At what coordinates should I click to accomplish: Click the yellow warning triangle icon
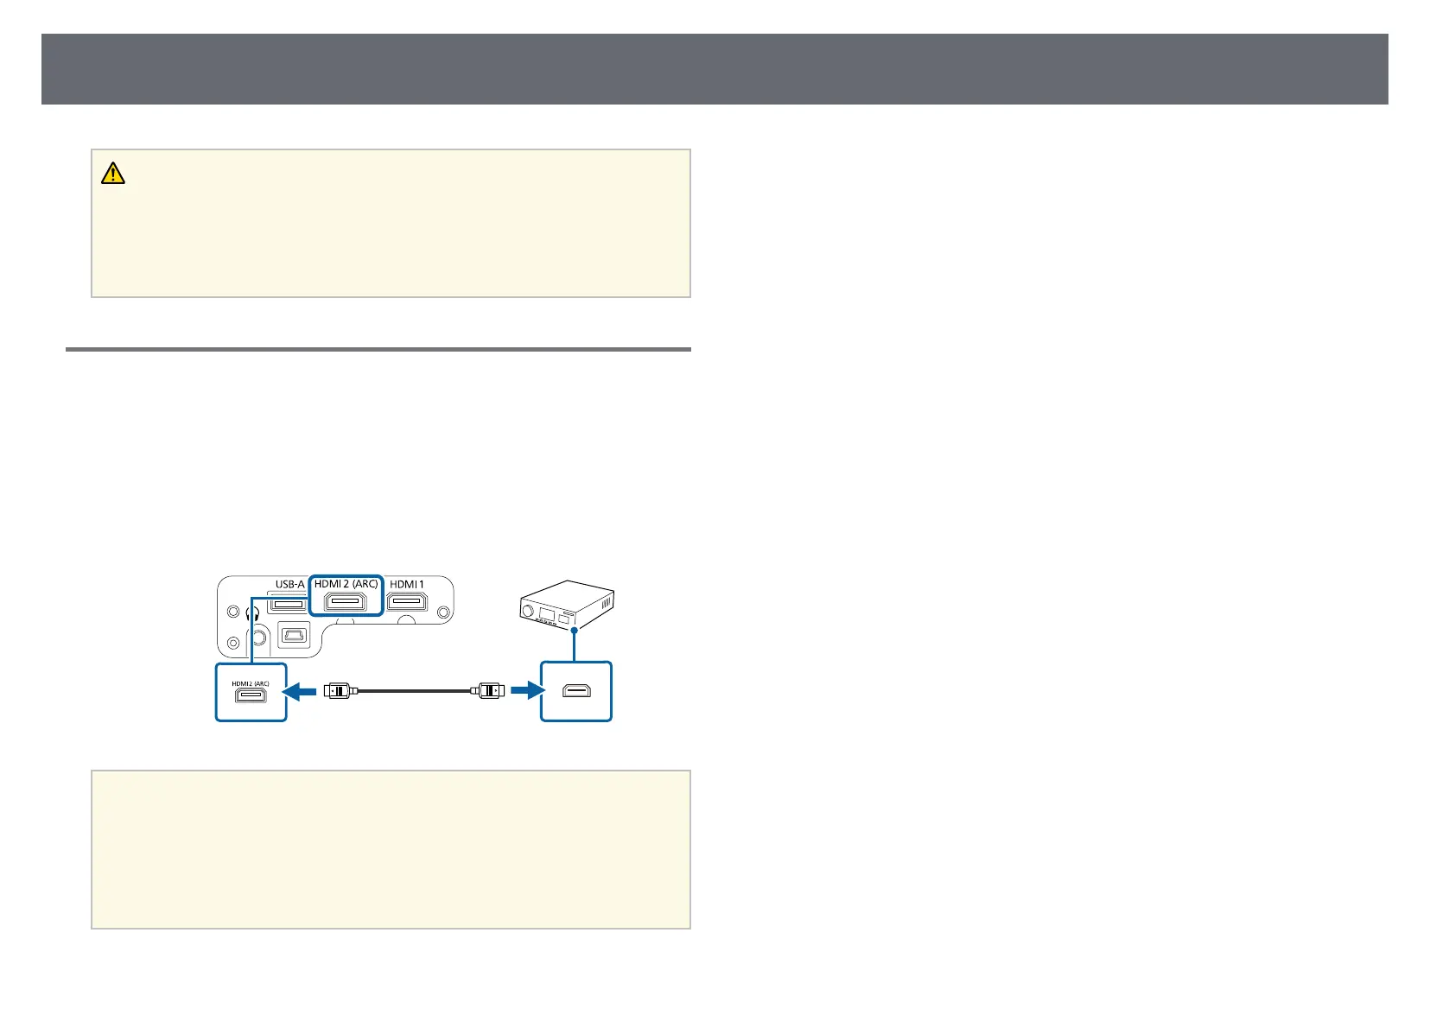pyautogui.click(x=113, y=174)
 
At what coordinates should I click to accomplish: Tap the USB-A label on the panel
pyautogui.click(x=289, y=584)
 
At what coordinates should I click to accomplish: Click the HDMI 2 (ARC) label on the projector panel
pyautogui.click(x=346, y=584)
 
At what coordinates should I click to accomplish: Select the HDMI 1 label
pyautogui.click(x=407, y=584)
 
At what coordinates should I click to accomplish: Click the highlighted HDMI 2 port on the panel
pyautogui.click(x=346, y=602)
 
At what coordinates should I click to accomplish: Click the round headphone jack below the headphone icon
pyautogui.click(x=257, y=640)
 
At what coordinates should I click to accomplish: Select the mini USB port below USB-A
pyautogui.click(x=292, y=638)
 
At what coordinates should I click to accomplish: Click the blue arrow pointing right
pyautogui.click(x=524, y=691)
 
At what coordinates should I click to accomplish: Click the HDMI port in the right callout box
pyautogui.click(x=576, y=691)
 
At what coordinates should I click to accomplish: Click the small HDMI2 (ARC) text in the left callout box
pyautogui.click(x=251, y=683)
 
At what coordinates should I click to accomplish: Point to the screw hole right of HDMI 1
pyautogui.click(x=443, y=612)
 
